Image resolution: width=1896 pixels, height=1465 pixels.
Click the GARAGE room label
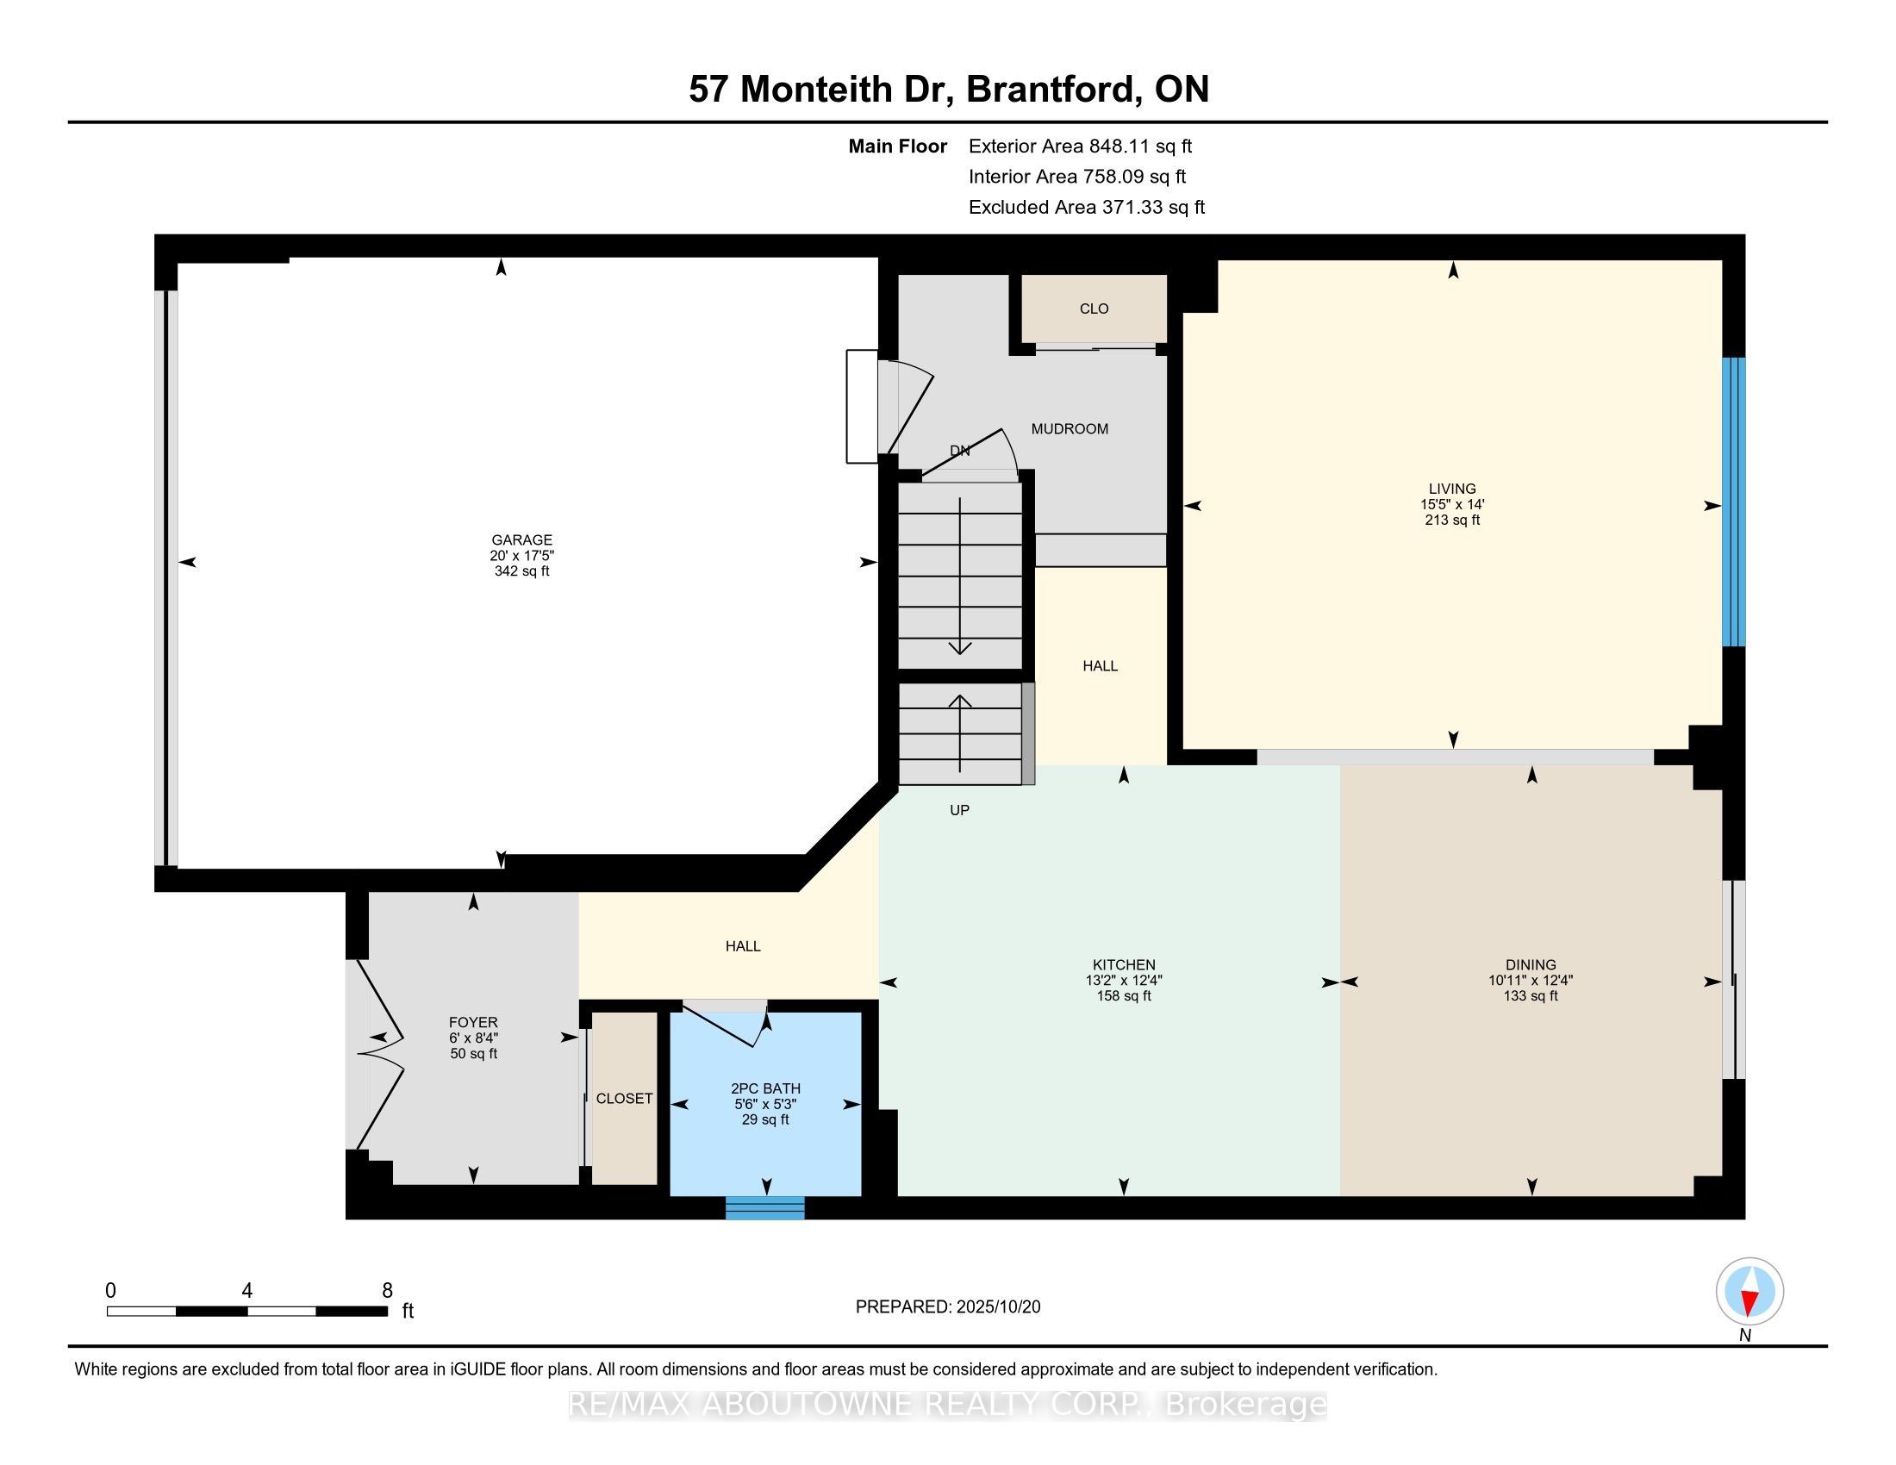[x=521, y=539]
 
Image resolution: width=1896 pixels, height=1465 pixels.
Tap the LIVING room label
[x=1451, y=489]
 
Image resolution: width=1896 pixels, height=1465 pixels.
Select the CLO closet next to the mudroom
[x=1094, y=309]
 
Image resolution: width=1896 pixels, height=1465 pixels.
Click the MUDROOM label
[x=1069, y=429]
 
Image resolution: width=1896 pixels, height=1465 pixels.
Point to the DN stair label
[x=959, y=451]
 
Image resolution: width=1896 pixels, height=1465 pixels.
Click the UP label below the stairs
[x=959, y=810]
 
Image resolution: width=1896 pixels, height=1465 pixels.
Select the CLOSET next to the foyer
[x=623, y=1098]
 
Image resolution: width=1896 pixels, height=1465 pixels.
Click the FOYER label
[x=473, y=1022]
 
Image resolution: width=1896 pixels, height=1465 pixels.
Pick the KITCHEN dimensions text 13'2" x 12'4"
[x=1123, y=981]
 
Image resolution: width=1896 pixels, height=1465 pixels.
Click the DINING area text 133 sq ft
[x=1531, y=996]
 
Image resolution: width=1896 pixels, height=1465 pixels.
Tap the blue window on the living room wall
[x=1733, y=502]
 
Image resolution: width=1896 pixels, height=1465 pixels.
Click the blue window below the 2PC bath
[x=764, y=1207]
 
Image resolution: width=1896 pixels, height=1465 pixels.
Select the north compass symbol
[x=1749, y=1292]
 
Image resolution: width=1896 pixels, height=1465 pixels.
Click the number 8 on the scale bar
[x=387, y=1291]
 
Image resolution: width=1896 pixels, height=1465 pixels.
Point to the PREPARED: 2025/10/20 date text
[x=947, y=1307]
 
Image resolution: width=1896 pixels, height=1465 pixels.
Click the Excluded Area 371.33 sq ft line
[x=1086, y=208]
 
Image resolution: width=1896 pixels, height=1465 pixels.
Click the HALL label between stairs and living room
[x=1100, y=665]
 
